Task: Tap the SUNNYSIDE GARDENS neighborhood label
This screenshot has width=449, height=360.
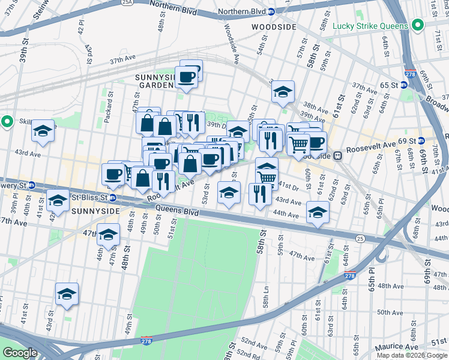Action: pos(155,81)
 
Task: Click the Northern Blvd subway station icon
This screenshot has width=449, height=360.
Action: pos(271,11)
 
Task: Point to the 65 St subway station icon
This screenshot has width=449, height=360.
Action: pos(404,85)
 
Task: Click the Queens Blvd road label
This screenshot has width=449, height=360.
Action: pos(176,211)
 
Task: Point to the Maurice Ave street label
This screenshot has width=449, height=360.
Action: pos(397,347)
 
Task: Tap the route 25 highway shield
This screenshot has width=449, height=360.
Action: pos(360,239)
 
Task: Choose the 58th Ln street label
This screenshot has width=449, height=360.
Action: pos(266,293)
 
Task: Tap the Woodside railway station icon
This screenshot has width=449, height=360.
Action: pos(338,155)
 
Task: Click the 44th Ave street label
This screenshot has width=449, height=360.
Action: pos(286,213)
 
